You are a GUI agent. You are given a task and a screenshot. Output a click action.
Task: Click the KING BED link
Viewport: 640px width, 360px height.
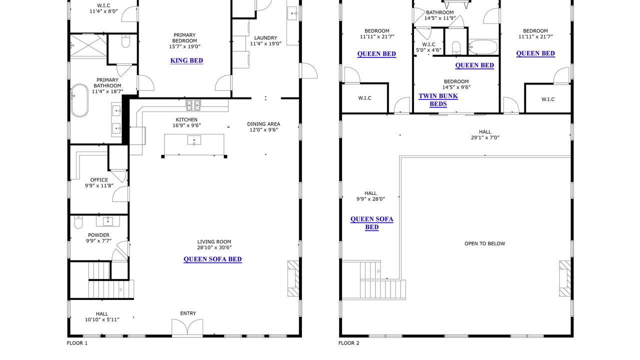point(186,60)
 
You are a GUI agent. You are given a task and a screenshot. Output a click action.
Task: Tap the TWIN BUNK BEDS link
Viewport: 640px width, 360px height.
point(438,100)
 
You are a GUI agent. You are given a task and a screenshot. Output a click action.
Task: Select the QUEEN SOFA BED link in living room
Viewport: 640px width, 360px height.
point(212,259)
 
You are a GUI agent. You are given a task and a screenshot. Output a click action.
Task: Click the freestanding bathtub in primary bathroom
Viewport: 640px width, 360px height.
point(79,100)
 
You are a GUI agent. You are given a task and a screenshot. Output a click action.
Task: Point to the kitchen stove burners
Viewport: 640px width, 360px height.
point(193,105)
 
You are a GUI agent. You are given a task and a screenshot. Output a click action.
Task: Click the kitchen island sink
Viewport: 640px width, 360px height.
point(194,140)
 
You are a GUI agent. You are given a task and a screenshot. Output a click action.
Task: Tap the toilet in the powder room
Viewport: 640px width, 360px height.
point(78,222)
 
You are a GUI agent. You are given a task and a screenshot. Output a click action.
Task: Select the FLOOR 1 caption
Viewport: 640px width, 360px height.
point(77,343)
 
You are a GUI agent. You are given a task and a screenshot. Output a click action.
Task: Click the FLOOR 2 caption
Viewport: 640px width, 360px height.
point(349,343)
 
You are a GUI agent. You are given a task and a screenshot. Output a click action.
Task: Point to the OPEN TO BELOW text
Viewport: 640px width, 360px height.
point(485,243)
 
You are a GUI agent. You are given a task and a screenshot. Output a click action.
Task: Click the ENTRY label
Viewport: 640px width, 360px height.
point(188,313)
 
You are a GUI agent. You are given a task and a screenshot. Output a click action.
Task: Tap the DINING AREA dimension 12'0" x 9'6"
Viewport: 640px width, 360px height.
point(263,129)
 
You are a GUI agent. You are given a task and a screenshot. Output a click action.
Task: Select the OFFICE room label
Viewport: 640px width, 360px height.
point(99,180)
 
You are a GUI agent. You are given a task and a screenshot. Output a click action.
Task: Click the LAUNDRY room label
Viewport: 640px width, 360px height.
point(265,38)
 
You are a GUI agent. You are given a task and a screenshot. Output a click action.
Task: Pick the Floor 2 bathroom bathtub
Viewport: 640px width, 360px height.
point(483,47)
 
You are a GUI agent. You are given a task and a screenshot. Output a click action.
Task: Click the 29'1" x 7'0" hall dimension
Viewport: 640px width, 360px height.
point(485,137)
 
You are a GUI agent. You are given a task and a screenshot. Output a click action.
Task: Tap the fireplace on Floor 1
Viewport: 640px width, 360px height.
point(293,278)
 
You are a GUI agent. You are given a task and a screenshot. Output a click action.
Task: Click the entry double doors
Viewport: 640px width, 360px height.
point(187,327)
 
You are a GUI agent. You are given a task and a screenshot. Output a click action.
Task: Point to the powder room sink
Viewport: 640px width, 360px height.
point(107,221)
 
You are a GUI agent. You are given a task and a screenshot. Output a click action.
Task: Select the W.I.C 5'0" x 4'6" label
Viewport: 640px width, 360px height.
point(428,47)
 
